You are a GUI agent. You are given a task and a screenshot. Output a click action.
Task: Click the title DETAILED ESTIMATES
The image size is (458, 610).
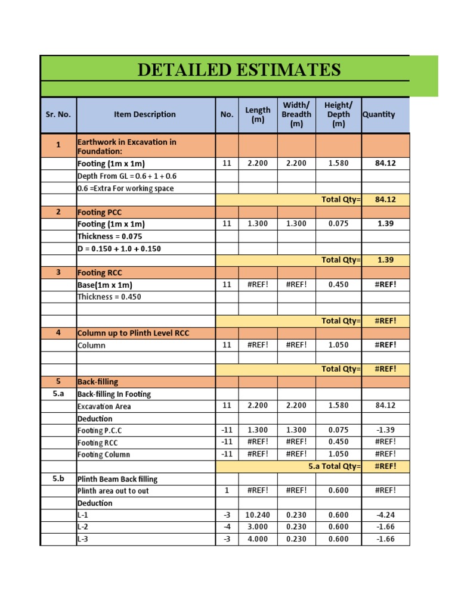pos(239,70)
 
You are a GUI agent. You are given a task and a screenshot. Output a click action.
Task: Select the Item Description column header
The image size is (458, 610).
pos(145,114)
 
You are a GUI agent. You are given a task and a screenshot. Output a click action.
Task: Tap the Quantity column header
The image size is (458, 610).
pos(379,114)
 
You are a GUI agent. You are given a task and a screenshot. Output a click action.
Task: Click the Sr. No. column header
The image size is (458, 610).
pos(58,114)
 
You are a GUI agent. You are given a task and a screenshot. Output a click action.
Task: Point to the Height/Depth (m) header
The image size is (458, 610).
pos(338,114)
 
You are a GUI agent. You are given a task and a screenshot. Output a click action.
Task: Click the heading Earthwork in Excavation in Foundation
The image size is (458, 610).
pos(127,147)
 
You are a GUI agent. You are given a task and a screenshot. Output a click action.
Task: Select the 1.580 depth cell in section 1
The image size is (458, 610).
pos(338,163)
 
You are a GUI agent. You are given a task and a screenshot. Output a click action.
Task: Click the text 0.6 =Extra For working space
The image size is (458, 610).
pos(125,188)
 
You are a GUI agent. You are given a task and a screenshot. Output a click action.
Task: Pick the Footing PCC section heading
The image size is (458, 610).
pos(100,212)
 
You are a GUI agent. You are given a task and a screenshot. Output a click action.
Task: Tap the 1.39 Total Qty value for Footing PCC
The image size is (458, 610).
pos(385,260)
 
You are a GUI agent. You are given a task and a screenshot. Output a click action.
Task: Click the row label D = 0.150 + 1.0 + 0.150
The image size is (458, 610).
pos(119,248)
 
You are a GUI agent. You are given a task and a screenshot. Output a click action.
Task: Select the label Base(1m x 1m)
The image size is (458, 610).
pos(105,285)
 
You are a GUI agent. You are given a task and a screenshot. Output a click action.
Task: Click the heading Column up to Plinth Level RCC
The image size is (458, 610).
pos(133,333)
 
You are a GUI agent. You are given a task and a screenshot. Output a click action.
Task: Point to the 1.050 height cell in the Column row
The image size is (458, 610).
pos(338,345)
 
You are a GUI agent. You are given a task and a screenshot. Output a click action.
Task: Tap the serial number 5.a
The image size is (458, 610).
pos(58,394)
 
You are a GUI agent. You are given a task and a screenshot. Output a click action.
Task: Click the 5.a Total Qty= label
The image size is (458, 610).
pos(334,466)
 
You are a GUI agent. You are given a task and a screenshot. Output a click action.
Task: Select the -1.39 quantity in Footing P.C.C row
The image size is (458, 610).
pos(385,430)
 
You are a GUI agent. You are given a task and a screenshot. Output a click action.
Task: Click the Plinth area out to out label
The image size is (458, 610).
pos(113,491)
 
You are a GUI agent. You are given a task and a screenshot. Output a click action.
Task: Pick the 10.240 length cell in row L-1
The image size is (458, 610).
pos(258,515)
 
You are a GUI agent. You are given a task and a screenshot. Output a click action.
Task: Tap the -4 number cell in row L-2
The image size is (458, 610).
pos(227,527)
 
